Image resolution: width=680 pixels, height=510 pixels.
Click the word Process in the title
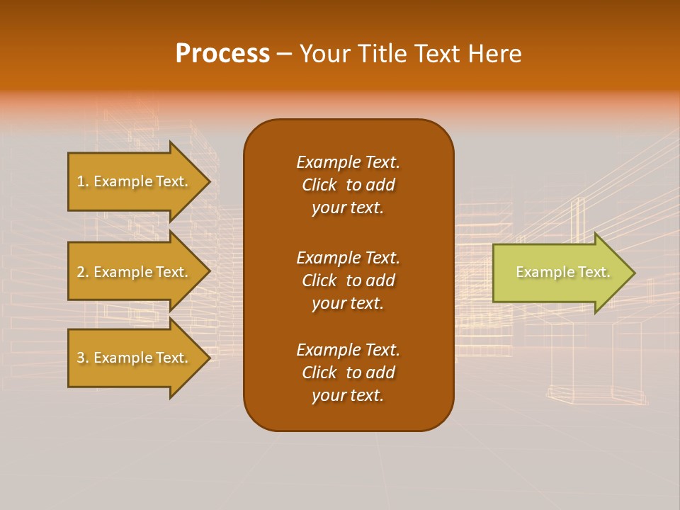pyautogui.click(x=222, y=54)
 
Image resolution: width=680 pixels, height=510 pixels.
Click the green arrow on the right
pyautogui.click(x=560, y=273)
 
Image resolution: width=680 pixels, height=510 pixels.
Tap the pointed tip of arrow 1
pyautogui.click(x=209, y=181)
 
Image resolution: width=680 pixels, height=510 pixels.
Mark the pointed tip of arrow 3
pyautogui.click(x=209, y=358)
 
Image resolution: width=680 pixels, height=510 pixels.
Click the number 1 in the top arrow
pyautogui.click(x=80, y=181)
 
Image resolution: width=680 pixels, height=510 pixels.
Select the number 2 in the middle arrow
pyautogui.click(x=81, y=272)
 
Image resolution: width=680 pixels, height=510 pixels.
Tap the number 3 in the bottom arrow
pyautogui.click(x=81, y=358)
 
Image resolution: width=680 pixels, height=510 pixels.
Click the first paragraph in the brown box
pyautogui.click(x=348, y=185)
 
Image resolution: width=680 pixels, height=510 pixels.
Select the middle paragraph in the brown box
pyautogui.click(x=348, y=280)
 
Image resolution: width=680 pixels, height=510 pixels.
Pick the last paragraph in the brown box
pyautogui.click(x=348, y=373)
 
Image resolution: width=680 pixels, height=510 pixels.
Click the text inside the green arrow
pyautogui.click(x=562, y=272)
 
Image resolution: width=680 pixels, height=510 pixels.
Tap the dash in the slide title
pyautogui.click(x=285, y=55)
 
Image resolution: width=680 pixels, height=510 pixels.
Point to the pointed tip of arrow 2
pyautogui.click(x=209, y=272)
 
